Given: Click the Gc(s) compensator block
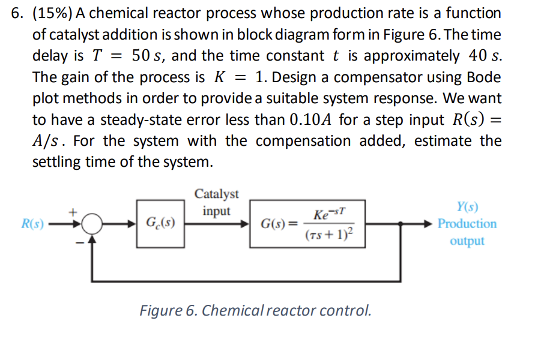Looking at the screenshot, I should click(x=160, y=225).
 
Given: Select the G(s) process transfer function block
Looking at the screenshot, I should click(x=304, y=225).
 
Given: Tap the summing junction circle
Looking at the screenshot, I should click(x=91, y=225).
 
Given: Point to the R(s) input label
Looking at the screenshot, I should click(x=32, y=225).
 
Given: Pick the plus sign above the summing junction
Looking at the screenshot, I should click(x=75, y=212).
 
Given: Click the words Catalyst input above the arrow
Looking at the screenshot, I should click(x=216, y=202).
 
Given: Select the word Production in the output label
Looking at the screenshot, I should click(x=467, y=224).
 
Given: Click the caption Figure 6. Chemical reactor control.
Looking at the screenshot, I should click(x=256, y=311).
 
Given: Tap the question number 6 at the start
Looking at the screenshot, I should click(x=17, y=13).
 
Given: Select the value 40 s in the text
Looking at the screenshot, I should click(x=483, y=56).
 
